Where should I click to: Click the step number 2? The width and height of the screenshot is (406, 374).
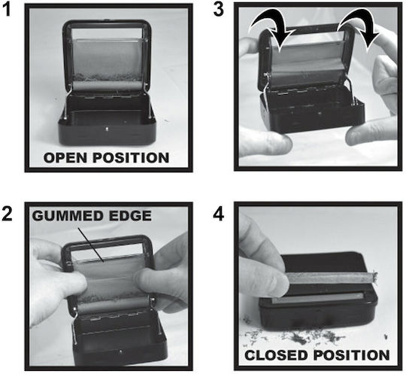7,214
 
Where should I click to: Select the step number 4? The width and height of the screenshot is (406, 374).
218,214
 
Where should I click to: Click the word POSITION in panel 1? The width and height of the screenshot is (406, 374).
131,158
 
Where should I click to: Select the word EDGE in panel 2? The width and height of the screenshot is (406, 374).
130,216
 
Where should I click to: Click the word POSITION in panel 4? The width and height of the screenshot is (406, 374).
352,355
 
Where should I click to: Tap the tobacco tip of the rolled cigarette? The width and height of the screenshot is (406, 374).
373,276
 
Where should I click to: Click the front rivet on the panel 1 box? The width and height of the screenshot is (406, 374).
107,128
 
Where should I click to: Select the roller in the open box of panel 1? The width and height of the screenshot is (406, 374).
108,86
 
